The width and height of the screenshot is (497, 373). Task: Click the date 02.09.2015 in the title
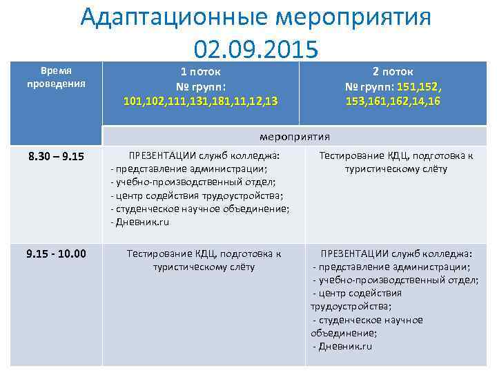tap(256, 49)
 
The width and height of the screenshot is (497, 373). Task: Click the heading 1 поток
tap(200, 71)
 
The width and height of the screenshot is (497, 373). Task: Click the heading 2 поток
tap(393, 71)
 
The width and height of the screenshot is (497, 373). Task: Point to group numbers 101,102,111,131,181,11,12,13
tap(201, 102)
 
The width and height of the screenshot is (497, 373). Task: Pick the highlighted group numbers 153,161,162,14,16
tap(393, 102)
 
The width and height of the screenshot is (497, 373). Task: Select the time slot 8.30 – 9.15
tap(56, 156)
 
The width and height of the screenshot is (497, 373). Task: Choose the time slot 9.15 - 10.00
tap(56, 254)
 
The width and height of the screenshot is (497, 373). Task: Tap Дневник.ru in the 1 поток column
tap(142, 222)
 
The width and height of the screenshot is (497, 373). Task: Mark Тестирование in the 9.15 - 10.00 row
tap(157, 254)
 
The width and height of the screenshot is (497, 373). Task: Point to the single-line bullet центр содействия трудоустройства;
tap(199, 195)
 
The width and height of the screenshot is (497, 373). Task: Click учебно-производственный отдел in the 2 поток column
tap(398, 280)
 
